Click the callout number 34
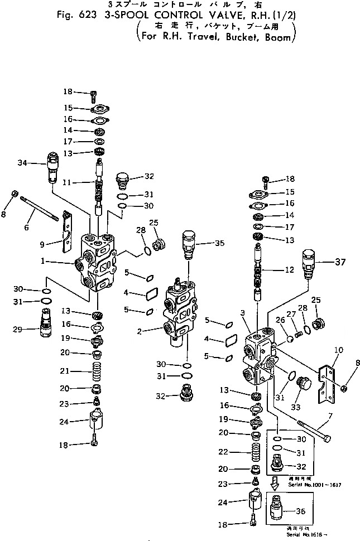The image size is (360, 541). pyautogui.click(x=23, y=163)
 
